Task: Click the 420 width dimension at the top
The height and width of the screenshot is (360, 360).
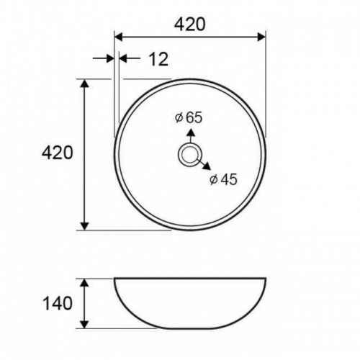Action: [x=189, y=24]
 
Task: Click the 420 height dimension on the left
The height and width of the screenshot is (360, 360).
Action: [x=57, y=153]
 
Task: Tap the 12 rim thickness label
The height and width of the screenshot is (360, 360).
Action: [x=158, y=59]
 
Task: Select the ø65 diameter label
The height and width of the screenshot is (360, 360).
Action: [x=189, y=117]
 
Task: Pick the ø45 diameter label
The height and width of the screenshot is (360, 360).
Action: [x=223, y=179]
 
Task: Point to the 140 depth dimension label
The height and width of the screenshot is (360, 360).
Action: [x=57, y=303]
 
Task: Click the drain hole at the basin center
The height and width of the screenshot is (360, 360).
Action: [x=189, y=155]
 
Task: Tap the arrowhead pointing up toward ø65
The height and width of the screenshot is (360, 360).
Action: [x=191, y=132]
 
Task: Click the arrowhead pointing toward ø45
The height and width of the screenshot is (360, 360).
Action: [x=207, y=166]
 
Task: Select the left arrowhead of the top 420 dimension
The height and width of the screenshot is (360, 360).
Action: [x=119, y=37]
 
